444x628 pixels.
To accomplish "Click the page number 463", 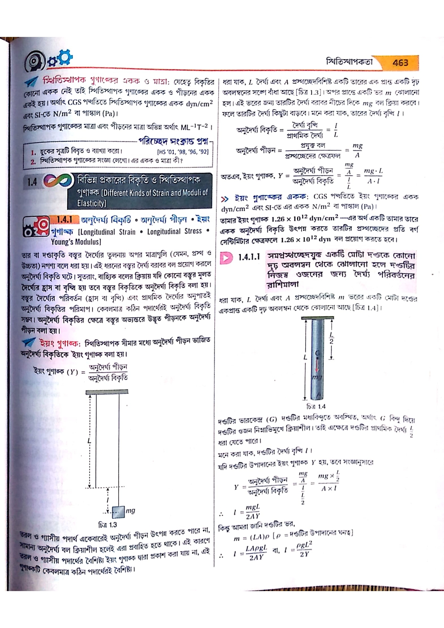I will tap(400, 63).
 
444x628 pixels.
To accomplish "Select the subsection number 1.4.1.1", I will tap(248, 257).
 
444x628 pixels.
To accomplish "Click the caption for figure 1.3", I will tap(107, 525).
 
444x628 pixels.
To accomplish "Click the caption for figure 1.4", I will tap(316, 406).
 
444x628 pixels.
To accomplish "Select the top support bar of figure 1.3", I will tap(107, 392).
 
